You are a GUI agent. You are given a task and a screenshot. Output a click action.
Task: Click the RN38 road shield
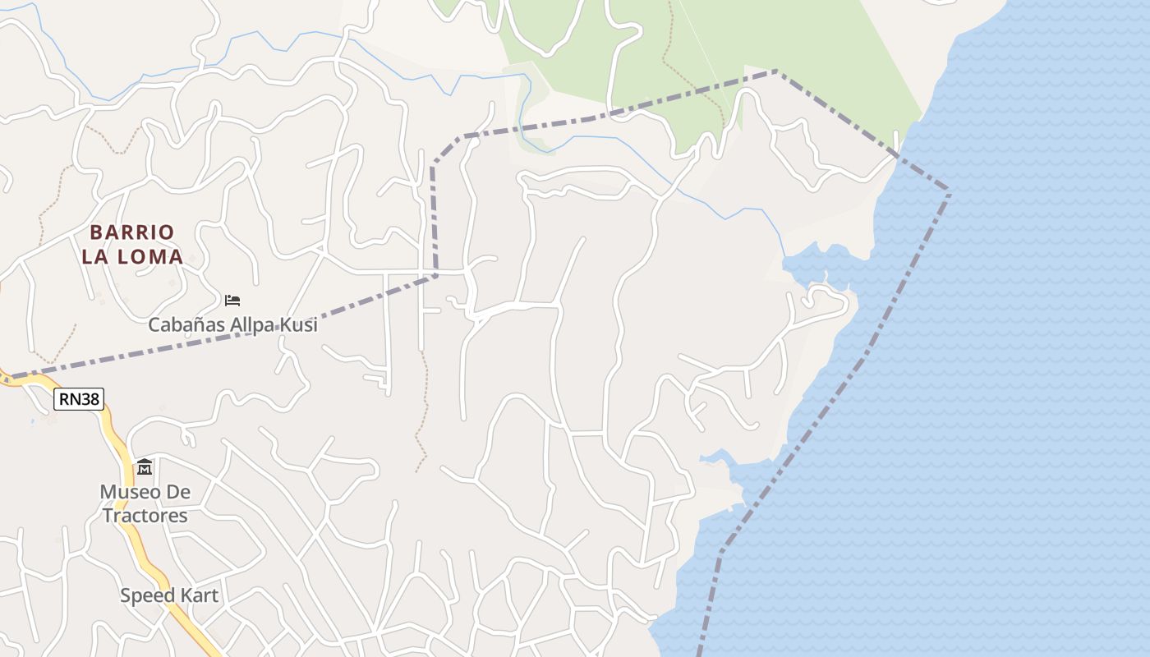coord(79,400)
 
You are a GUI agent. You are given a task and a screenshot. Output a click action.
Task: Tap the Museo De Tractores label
coord(145,503)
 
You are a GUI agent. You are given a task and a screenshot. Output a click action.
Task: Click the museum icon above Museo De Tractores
coord(145,467)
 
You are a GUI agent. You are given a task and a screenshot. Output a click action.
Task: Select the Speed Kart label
coord(169,595)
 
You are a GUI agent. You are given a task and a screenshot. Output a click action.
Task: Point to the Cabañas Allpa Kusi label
coord(232,325)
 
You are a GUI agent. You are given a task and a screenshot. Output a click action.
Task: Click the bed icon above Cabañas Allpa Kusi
coord(232,300)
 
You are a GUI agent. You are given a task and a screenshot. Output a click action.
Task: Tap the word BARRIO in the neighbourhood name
coord(132,232)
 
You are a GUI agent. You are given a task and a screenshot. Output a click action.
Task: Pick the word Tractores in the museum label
coord(145,516)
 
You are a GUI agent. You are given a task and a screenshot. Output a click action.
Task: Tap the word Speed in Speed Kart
coord(148,595)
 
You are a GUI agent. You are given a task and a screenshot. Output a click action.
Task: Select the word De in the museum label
coord(177,492)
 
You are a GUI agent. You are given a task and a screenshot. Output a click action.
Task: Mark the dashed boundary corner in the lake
coord(949,190)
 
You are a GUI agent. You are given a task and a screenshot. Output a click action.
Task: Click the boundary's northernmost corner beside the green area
coord(776,72)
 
